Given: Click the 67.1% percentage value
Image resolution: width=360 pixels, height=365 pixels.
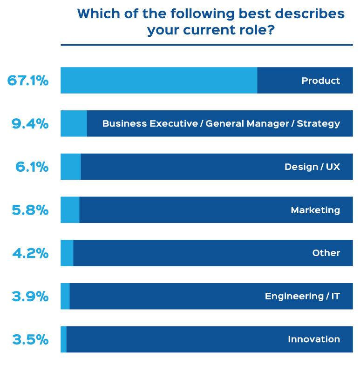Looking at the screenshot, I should (x=28, y=81).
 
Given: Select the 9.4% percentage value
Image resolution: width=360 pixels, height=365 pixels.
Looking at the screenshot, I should (x=30, y=124).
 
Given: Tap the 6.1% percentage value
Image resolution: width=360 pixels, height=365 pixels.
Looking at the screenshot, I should (x=32, y=167).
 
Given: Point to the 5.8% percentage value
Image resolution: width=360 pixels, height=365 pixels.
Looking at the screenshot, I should (x=30, y=210).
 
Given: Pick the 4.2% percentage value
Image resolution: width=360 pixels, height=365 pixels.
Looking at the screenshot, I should (x=30, y=253).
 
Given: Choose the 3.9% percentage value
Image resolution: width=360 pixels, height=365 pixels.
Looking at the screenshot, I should (x=30, y=296).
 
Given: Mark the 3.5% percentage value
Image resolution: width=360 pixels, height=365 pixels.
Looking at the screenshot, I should (x=30, y=339).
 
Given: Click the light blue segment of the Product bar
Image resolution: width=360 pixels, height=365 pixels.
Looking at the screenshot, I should (x=158, y=81).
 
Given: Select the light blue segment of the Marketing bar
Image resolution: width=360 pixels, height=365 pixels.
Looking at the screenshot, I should (x=70, y=210).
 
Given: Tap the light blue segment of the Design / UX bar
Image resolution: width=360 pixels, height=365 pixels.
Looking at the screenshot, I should (x=71, y=167).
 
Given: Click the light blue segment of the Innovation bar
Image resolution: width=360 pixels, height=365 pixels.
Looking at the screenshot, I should (x=63, y=339).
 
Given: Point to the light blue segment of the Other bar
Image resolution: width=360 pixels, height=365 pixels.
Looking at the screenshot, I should (x=67, y=253).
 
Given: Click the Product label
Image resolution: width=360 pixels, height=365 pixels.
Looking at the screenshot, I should (x=320, y=81).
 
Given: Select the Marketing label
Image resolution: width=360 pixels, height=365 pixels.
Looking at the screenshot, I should (x=315, y=210).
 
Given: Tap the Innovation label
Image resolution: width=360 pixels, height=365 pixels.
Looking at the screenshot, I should (x=313, y=339).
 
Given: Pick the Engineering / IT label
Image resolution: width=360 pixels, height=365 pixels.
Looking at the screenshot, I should (x=302, y=296).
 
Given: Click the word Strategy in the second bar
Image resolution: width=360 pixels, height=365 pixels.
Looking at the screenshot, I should (x=319, y=124).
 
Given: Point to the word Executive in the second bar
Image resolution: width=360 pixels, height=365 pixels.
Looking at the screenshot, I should (x=173, y=124).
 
